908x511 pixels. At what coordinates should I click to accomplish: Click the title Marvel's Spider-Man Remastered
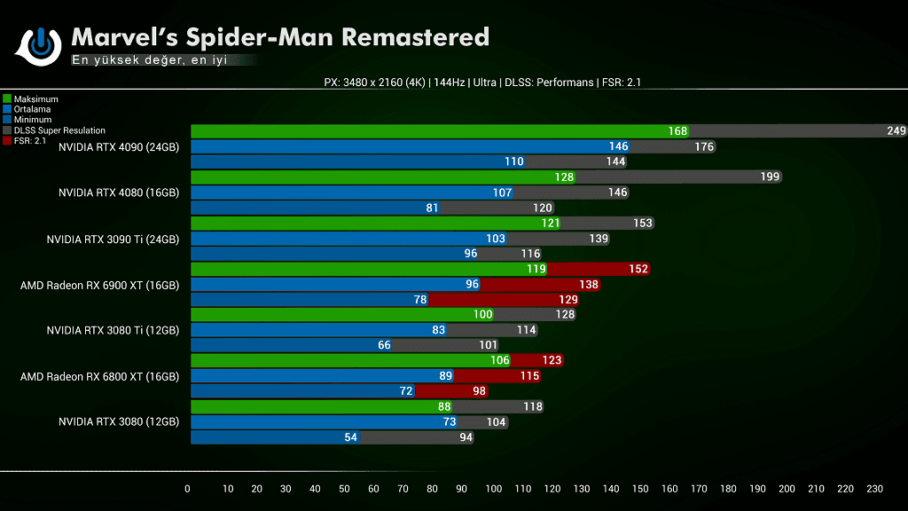click(x=279, y=37)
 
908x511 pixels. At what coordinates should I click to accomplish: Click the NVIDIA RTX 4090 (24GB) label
click(x=119, y=147)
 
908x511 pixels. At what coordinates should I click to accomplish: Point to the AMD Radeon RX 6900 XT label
click(x=99, y=286)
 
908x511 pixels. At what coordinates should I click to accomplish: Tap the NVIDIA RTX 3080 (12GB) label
click(x=119, y=422)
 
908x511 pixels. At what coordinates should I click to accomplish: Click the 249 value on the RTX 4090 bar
click(x=896, y=131)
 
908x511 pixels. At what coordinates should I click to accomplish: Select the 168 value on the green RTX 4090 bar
click(x=677, y=131)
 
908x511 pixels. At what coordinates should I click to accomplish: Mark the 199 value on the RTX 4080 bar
click(x=770, y=177)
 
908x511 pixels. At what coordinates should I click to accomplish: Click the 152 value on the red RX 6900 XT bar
click(x=638, y=269)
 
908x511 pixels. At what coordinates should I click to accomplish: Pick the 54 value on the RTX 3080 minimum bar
click(x=350, y=437)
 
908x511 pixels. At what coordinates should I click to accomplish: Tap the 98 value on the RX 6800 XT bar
click(x=478, y=391)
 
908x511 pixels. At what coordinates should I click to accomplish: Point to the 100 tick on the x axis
click(x=494, y=489)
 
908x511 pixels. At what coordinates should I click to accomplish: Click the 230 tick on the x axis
click(x=874, y=489)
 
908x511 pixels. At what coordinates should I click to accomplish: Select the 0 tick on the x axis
click(x=187, y=489)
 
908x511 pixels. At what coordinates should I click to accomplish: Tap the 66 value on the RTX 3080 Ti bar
click(x=384, y=345)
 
